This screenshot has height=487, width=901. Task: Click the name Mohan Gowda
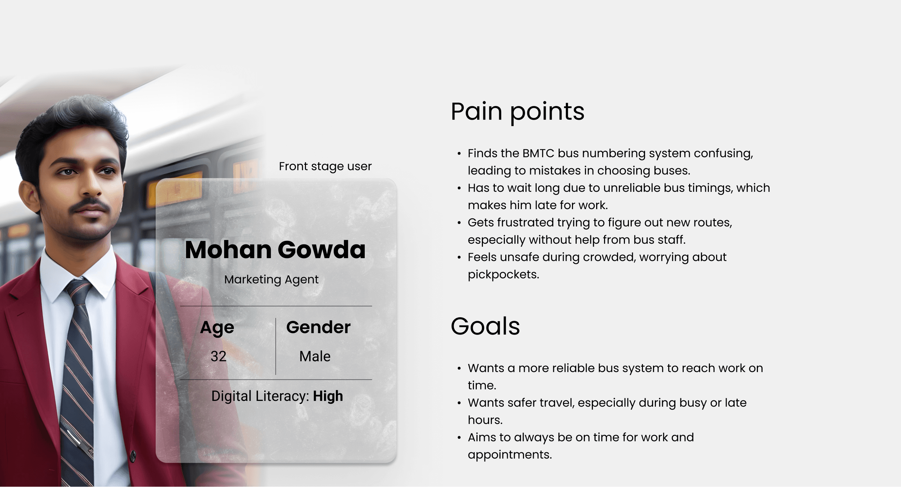[x=275, y=249]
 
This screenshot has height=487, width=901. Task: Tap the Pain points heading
[x=518, y=112]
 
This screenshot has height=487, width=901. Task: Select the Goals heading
[x=485, y=326]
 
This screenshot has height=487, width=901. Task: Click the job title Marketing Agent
[x=271, y=280]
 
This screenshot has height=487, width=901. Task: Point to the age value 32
[x=218, y=357]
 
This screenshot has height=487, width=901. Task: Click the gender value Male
[x=315, y=357]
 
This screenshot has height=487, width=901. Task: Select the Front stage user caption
[x=325, y=167]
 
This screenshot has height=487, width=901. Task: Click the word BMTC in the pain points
[x=538, y=154]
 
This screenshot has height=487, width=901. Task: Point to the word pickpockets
[x=503, y=275]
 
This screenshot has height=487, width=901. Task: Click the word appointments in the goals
[x=510, y=455]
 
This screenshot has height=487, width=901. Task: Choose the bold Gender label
[x=318, y=327]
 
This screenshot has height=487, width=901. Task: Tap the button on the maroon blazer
[x=133, y=456]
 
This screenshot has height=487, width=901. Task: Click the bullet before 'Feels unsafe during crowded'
[x=459, y=257]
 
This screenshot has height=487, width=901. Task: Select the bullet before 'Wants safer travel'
[x=459, y=403]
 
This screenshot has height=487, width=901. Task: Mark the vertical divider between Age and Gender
[x=276, y=346]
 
